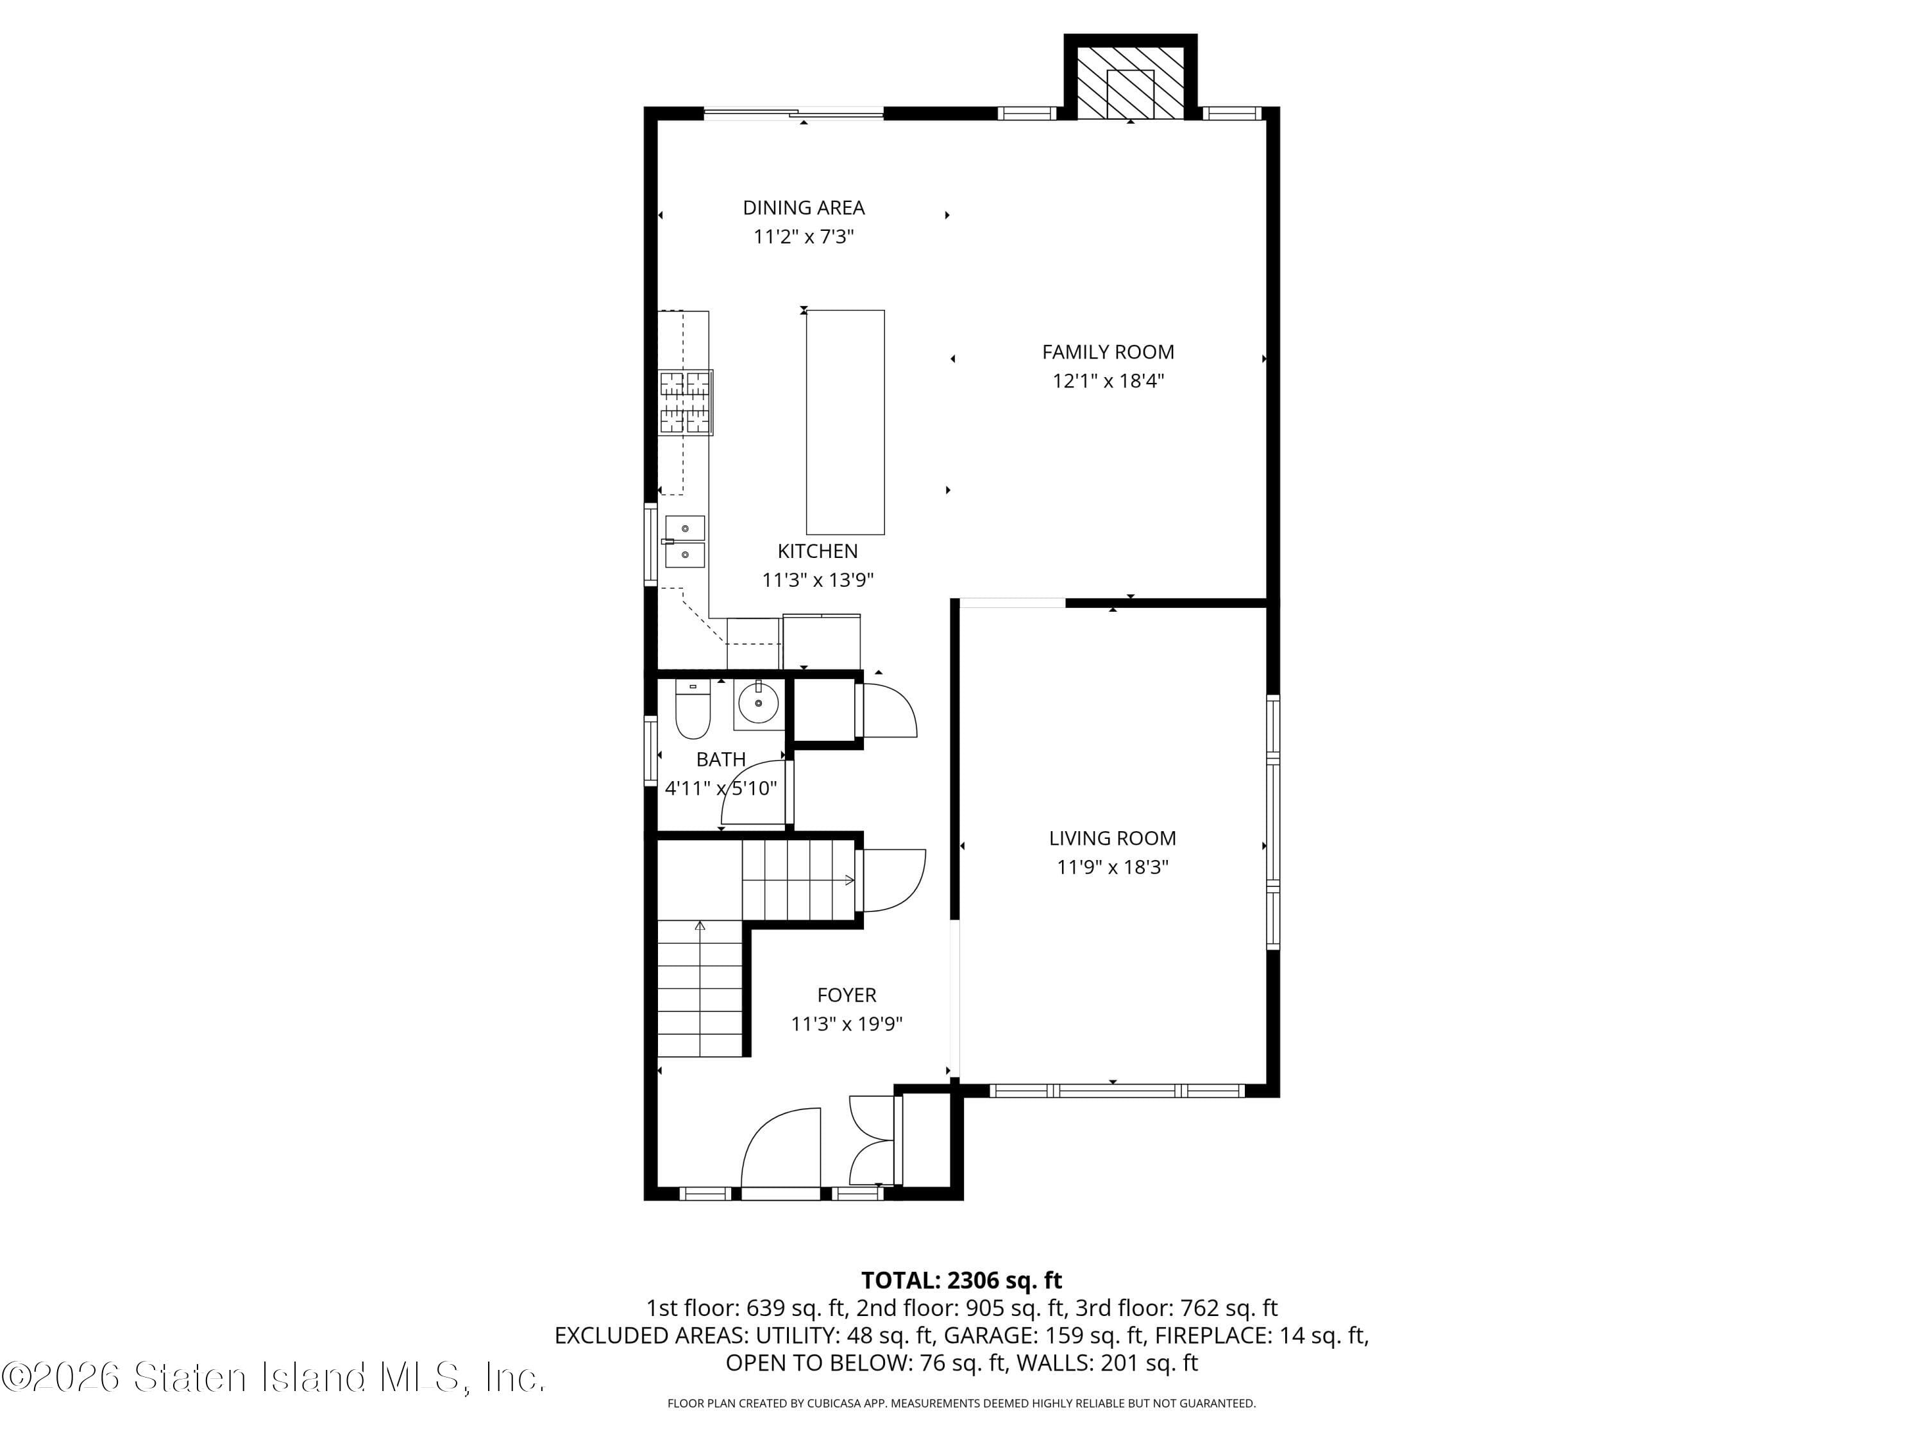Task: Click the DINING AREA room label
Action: pos(803,208)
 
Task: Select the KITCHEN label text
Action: pos(817,550)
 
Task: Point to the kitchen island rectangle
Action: pos(845,422)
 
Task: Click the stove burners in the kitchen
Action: pos(686,403)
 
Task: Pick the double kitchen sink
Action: pos(684,541)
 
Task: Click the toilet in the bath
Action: pos(693,709)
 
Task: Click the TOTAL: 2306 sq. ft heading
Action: pos(961,1280)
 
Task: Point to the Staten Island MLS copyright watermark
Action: pos(273,1378)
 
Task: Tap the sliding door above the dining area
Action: pos(793,112)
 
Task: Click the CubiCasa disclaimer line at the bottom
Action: pos(961,1403)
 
